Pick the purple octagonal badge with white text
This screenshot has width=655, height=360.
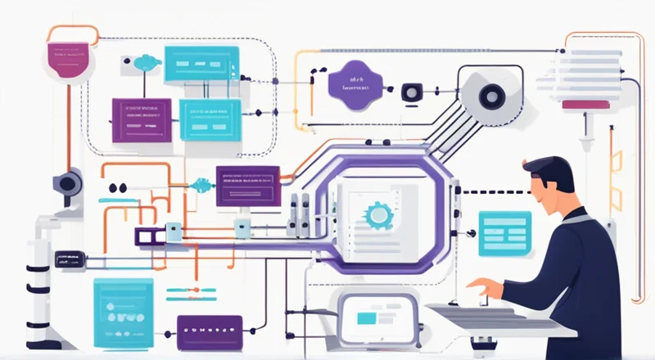[x=353, y=84]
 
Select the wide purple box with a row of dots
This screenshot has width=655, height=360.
[x=210, y=331]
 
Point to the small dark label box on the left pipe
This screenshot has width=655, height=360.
[x=69, y=259]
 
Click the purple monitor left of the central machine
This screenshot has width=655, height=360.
[x=247, y=185]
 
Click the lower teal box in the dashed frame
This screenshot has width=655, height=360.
[x=210, y=119]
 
